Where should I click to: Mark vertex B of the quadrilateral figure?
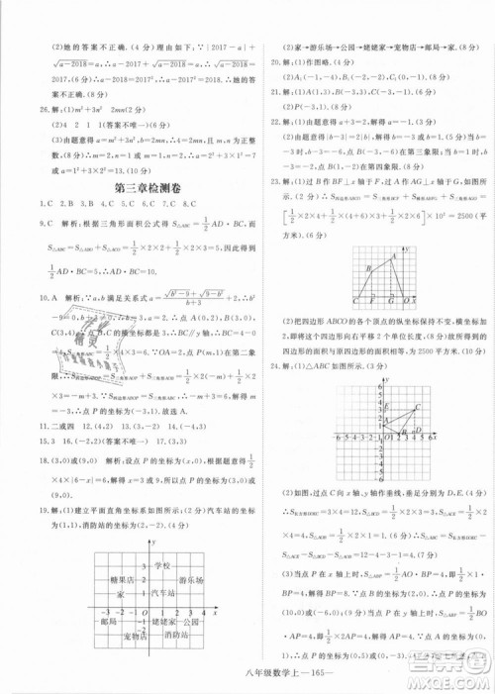pos(367,268)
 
